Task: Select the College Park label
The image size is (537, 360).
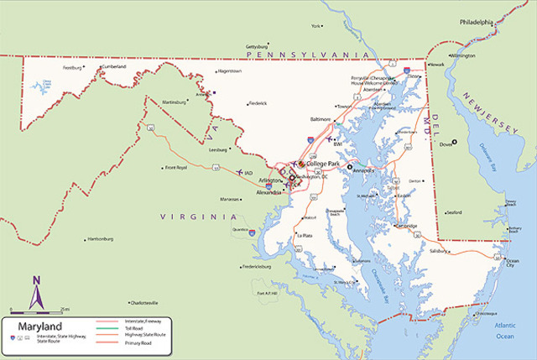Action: [x=324, y=164]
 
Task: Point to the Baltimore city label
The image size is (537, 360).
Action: [x=321, y=119]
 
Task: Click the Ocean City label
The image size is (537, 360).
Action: [x=514, y=263]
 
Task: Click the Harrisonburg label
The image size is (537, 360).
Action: [x=100, y=239]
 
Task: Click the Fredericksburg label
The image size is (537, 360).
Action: [x=258, y=266]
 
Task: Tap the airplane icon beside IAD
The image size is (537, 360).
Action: [x=241, y=173]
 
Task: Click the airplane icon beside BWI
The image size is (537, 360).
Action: [x=331, y=140]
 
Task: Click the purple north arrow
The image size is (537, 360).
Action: [x=36, y=293]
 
